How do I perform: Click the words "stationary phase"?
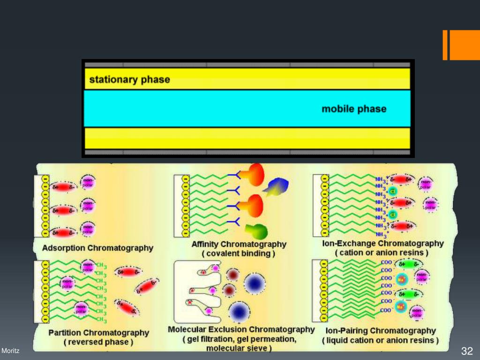point(129,80)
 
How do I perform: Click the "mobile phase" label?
point(354,109)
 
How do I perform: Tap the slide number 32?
point(467,351)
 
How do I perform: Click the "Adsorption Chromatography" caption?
point(97,247)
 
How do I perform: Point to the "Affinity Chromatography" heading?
point(239,244)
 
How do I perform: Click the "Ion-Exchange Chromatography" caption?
point(382,244)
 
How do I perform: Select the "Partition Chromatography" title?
point(98,333)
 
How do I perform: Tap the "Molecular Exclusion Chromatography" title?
point(241,330)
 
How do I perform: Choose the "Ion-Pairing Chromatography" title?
point(381,331)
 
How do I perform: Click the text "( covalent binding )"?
point(239,254)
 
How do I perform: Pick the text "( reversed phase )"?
point(98,342)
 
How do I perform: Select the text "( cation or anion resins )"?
point(382,253)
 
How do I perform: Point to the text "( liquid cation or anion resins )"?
point(381,340)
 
